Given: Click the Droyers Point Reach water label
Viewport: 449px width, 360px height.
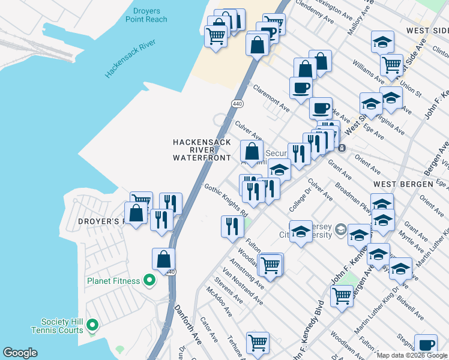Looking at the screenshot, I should pyautogui.click(x=146, y=15).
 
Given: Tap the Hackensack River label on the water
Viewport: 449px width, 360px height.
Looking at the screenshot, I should pyautogui.click(x=130, y=58).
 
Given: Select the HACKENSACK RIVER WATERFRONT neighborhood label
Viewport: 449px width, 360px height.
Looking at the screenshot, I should pyautogui.click(x=202, y=150).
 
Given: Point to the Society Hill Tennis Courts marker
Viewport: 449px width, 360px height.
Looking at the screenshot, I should pyautogui.click(x=92, y=325).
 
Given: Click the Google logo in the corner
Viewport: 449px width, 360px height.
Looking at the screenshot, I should pyautogui.click(x=20, y=353).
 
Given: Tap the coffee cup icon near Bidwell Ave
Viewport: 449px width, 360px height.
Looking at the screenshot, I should pyautogui.click(x=426, y=345).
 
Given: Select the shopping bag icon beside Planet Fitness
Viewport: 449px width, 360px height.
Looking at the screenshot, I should pyautogui.click(x=163, y=259).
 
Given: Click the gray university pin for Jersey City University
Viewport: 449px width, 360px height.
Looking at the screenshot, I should pyautogui.click(x=341, y=229).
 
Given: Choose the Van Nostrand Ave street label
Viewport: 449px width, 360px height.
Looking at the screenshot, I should pyautogui.click(x=243, y=286).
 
